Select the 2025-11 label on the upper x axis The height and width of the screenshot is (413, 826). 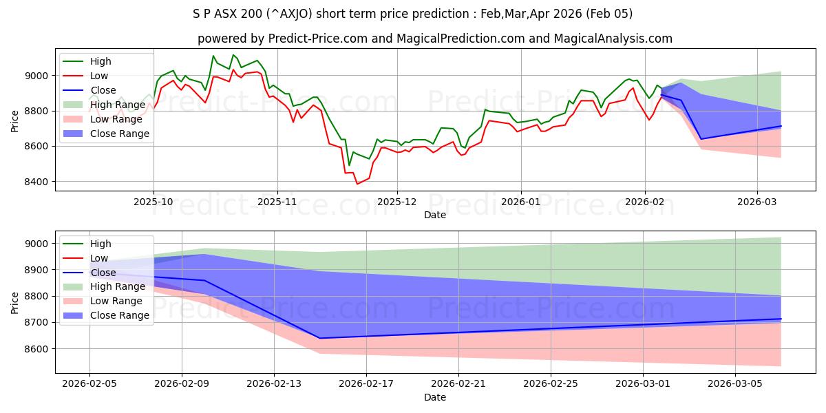[x=277, y=202]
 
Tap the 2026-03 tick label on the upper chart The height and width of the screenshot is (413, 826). [x=757, y=202]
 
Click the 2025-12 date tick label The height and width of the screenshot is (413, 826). [x=396, y=202]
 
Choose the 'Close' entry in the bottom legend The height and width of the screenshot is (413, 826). [x=103, y=273]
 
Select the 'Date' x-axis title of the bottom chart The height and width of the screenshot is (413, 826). [x=435, y=397]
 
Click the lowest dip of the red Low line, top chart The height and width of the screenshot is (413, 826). [x=357, y=184]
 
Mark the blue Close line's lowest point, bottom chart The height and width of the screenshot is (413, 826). [x=320, y=338]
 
